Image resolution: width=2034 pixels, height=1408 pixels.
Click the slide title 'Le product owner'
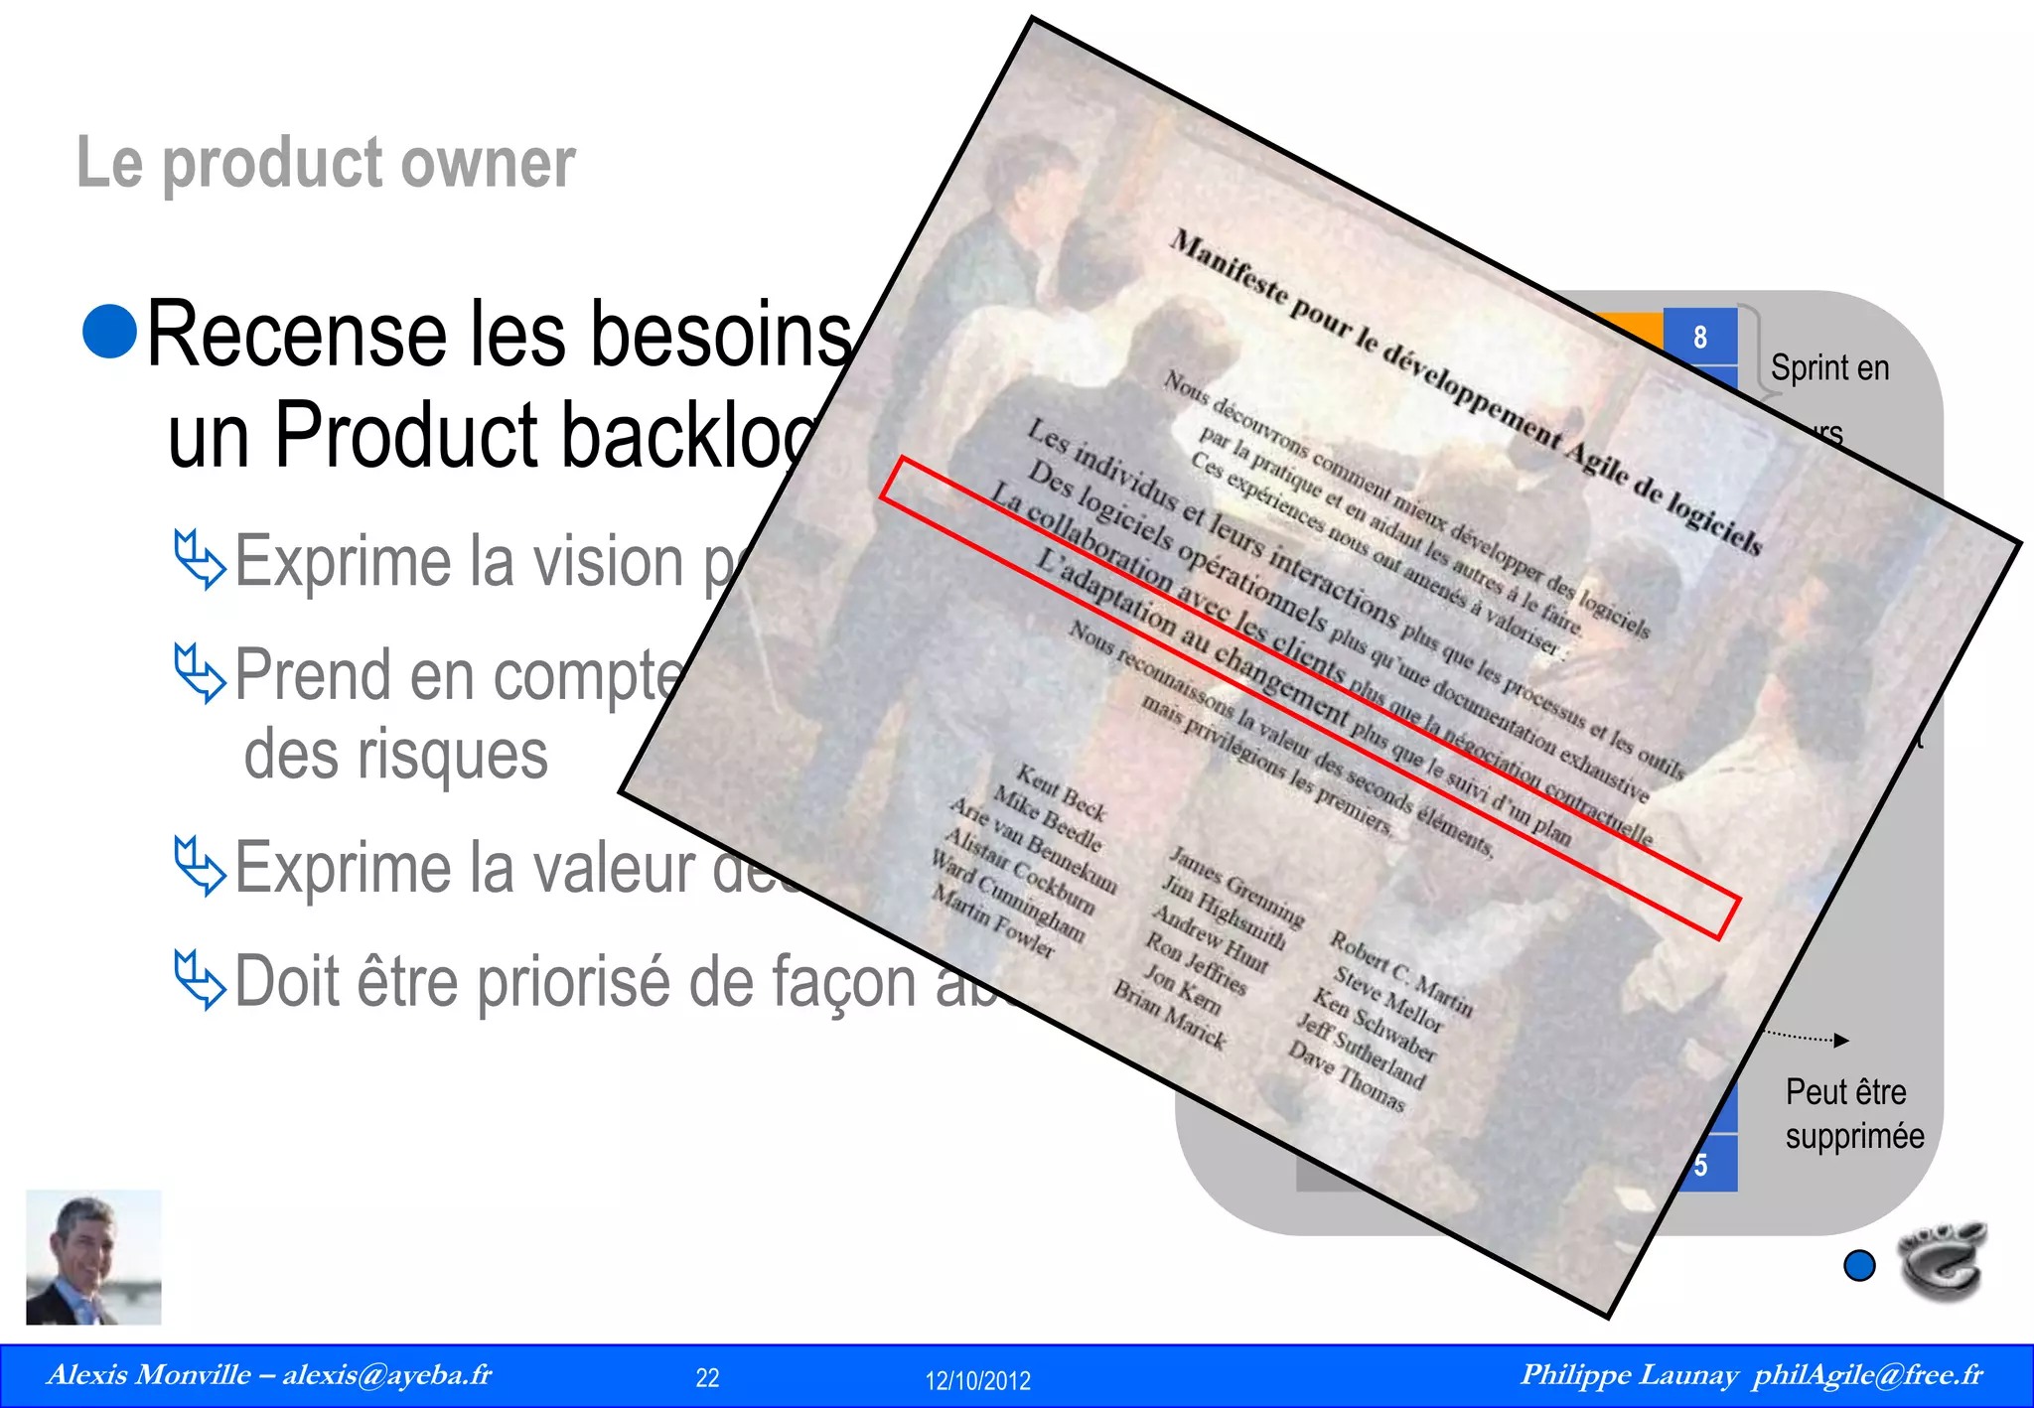click(326, 163)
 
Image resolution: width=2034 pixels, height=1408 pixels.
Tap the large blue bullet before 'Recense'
click(110, 331)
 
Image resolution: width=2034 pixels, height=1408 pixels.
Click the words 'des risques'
click(395, 755)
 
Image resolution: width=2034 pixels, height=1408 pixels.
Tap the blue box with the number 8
click(1699, 338)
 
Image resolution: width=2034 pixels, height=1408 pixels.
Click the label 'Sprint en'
click(1829, 368)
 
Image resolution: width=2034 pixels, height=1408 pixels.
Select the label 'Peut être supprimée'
click(1853, 1114)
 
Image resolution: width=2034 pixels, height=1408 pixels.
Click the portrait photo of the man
click(93, 1257)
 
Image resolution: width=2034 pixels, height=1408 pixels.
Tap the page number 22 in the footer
click(707, 1378)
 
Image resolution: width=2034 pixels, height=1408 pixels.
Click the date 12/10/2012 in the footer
click(977, 1380)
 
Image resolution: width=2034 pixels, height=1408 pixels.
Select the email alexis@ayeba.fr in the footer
click(387, 1375)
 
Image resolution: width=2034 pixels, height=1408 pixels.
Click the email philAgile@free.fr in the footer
click(1867, 1375)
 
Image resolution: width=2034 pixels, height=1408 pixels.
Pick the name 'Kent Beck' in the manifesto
click(1060, 792)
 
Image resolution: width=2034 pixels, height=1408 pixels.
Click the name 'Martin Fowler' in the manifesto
click(993, 922)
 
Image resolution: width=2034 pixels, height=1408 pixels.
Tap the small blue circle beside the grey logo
click(1859, 1265)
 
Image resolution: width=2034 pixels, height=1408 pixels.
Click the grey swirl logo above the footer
click(1942, 1259)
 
